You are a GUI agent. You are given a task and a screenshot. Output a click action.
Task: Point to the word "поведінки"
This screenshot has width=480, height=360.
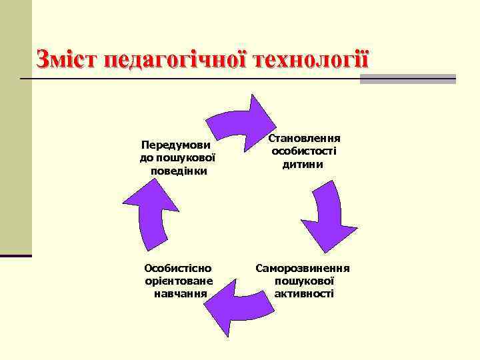coord(179,171)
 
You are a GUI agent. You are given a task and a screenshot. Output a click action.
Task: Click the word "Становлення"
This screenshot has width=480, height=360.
coord(304,138)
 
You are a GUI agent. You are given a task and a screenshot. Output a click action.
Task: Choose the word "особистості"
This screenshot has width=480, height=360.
coord(304,151)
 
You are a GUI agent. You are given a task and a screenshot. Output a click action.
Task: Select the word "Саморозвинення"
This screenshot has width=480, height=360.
coord(303,268)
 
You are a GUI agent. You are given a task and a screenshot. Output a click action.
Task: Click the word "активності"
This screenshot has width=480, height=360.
coord(303,293)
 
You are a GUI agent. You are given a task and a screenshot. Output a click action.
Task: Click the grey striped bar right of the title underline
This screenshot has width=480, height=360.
coord(407,79)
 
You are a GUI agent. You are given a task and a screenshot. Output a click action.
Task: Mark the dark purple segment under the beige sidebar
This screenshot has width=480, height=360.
coord(16,255)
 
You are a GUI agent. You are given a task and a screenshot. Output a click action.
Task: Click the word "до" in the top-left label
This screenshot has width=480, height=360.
coord(147,158)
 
